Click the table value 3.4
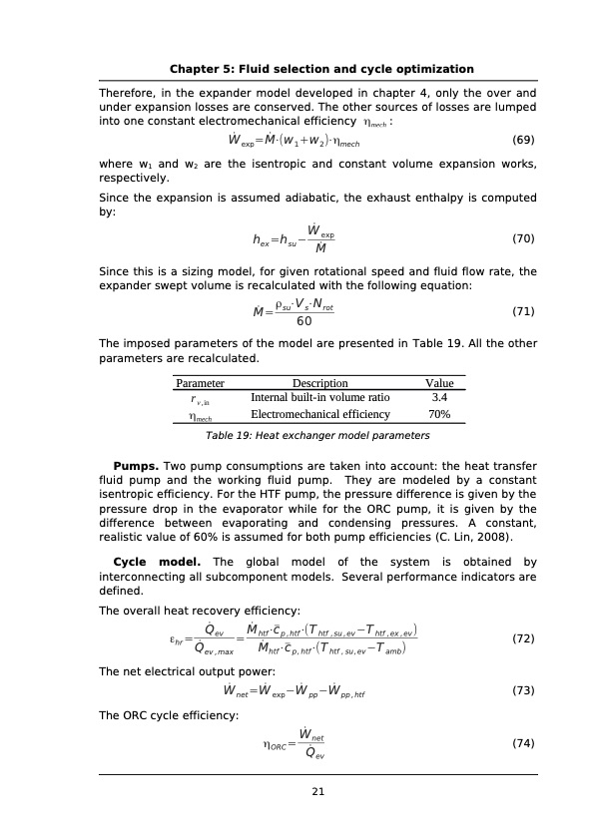click(438, 397)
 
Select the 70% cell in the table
click(438, 413)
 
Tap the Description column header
click(319, 382)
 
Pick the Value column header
click(439, 382)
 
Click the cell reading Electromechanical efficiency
click(319, 413)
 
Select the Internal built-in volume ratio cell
click(319, 397)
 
